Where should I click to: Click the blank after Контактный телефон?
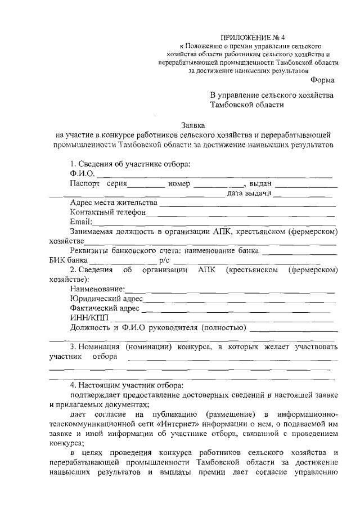[x=242, y=214]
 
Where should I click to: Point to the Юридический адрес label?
[x=106, y=299]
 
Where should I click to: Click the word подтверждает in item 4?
[x=99, y=396]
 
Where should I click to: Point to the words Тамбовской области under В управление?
[x=247, y=104]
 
